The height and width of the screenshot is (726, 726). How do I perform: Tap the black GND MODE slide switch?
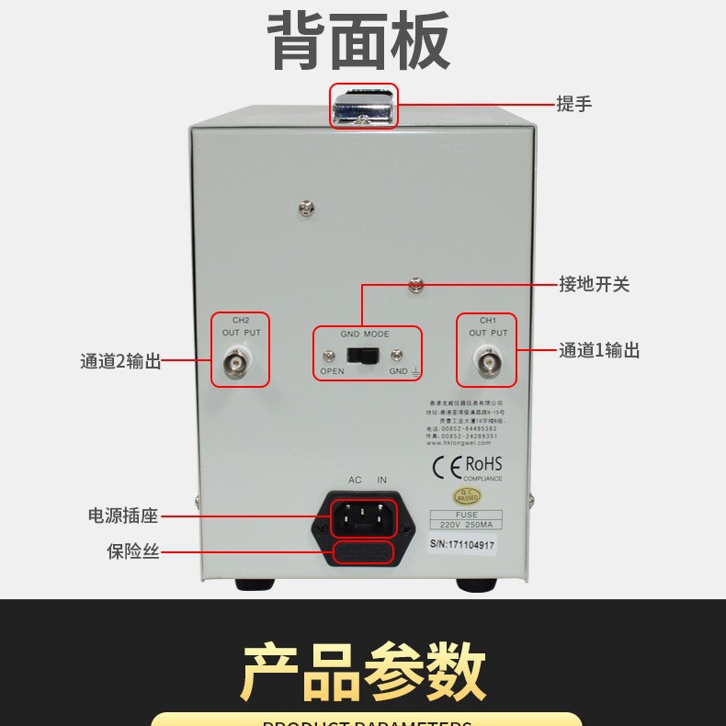356,356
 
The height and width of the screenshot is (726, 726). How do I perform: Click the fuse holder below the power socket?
363,552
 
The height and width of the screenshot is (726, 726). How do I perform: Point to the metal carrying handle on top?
364,107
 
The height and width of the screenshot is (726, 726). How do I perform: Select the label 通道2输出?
119,361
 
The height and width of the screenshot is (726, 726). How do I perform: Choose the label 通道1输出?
599,350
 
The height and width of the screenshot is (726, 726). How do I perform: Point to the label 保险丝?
133,551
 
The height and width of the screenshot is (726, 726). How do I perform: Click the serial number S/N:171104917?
462,545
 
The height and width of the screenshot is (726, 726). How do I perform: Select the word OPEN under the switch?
332,372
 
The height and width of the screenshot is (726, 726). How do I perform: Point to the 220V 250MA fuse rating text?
466,525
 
